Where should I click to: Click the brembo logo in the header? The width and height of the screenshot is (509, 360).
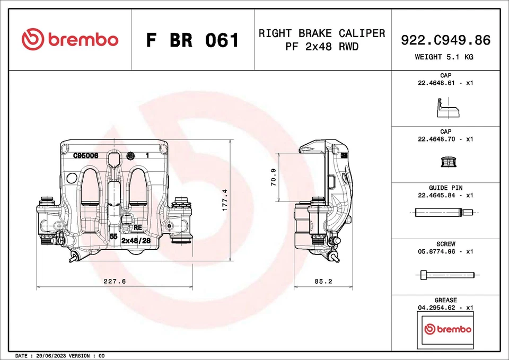pos(70,40)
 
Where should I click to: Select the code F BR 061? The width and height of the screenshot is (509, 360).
pos(193,40)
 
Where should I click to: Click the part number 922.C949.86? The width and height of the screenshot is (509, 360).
pos(445,40)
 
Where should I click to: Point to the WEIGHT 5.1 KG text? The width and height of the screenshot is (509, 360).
pos(445,57)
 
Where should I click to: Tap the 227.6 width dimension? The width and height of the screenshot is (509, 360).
pos(114,282)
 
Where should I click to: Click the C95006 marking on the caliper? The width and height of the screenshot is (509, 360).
pos(86,156)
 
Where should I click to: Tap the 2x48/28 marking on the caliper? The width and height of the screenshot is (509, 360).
pos(136,240)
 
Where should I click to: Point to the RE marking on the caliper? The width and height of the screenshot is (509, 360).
pos(138,227)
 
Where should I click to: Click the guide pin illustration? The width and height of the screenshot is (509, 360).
pos(444,213)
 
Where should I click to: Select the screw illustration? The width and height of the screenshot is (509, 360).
pos(444,275)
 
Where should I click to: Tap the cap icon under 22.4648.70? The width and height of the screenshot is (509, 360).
pos(445,161)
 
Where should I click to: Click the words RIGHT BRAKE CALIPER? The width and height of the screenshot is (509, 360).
pos(321,33)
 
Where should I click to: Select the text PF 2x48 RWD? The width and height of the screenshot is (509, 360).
pos(321,47)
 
